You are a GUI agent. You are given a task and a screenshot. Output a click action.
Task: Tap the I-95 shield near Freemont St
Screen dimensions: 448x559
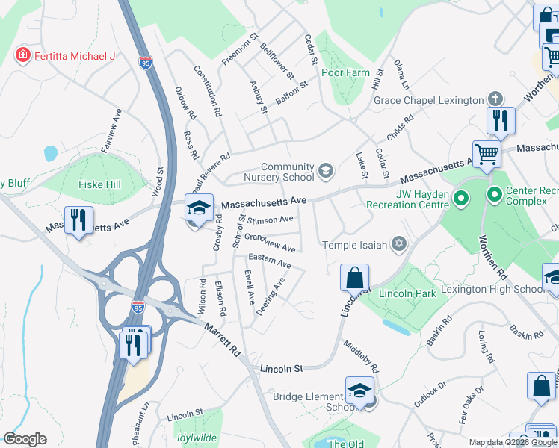pyautogui.click(x=145, y=63)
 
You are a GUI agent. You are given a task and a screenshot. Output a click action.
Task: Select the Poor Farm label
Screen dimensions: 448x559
pyautogui.click(x=345, y=72)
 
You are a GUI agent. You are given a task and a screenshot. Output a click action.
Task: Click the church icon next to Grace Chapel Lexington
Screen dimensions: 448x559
pyautogui.click(x=494, y=99)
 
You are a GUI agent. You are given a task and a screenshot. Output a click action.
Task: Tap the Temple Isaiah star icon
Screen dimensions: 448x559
pyautogui.click(x=399, y=244)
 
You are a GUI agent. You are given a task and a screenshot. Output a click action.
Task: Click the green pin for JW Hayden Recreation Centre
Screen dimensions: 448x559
pyautogui.click(x=461, y=199)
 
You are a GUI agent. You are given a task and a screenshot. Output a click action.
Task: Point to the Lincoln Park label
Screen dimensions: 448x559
pyautogui.click(x=407, y=293)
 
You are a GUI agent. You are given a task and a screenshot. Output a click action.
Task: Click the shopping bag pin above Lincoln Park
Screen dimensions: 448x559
pyautogui.click(x=354, y=278)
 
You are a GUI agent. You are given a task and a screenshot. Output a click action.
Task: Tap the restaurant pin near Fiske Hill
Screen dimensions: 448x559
pyautogui.click(x=78, y=220)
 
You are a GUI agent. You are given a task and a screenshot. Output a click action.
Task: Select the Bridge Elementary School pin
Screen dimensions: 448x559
pyautogui.click(x=359, y=391)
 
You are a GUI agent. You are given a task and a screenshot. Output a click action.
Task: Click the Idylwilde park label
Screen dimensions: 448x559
pyautogui.click(x=198, y=438)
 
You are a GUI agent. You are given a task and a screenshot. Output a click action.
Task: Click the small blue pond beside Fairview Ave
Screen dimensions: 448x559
pyautogui.click(x=50, y=153)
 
